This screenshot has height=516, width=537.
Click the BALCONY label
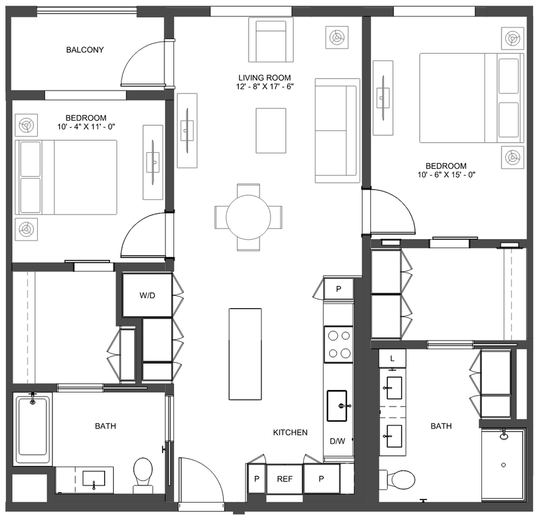tap(84, 50)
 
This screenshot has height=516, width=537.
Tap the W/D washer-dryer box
tap(147, 295)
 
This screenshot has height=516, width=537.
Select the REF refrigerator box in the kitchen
tap(285, 479)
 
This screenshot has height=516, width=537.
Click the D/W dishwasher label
tap(338, 441)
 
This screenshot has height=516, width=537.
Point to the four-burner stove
tap(338, 344)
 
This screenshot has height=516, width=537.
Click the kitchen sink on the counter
tap(339, 405)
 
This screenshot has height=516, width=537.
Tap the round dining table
tap(249, 217)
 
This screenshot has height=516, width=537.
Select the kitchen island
tap(245, 353)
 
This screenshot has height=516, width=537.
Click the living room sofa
tap(336, 130)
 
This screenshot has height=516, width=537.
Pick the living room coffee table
tap(271, 130)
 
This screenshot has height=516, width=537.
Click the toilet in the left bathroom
tap(143, 471)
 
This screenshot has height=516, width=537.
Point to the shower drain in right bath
tap(503, 465)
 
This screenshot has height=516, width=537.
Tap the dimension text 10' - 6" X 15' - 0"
tap(445, 175)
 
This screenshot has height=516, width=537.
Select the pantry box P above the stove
tap(338, 289)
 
